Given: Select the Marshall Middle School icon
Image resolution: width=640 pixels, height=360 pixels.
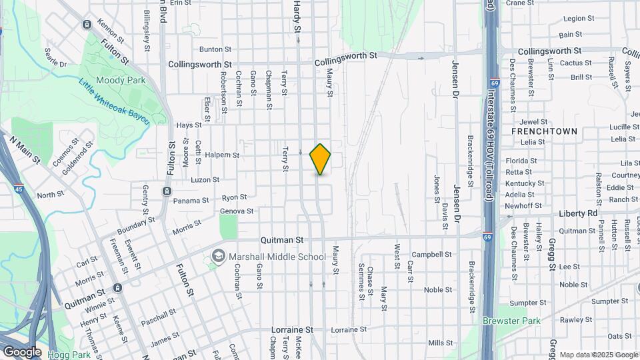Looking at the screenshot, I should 219,256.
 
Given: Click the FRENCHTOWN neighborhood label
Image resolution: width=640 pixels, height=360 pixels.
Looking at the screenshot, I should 544,131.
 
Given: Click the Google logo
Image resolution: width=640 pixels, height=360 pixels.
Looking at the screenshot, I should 21,352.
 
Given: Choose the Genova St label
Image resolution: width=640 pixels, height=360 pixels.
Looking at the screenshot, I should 237,211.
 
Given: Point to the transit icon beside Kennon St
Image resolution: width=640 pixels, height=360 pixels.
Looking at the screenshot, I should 87,25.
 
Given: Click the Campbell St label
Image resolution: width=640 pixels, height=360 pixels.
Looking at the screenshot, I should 431,254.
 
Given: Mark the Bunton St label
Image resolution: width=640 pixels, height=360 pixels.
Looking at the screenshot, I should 215,49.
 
